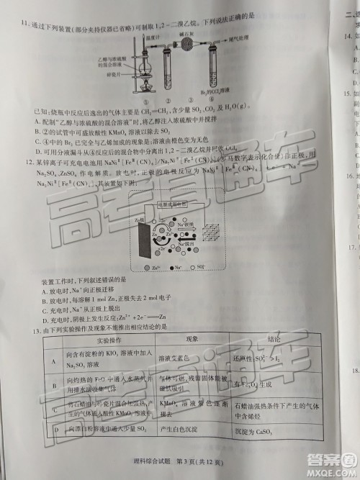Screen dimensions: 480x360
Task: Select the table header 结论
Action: point(274,338)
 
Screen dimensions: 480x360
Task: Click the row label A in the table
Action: point(54,359)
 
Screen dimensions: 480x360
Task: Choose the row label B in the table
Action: point(55,386)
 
